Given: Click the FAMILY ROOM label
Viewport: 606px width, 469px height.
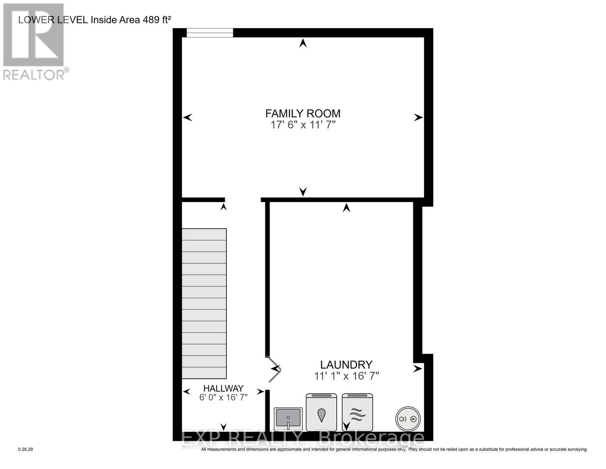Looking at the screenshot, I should click(303, 113).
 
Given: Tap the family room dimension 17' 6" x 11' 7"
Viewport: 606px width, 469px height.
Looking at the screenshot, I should click(303, 125).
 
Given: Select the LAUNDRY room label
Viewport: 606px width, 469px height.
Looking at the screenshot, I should click(346, 365).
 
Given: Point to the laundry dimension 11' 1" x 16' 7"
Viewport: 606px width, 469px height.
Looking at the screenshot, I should click(347, 376).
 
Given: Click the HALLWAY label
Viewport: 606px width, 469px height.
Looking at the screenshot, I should click(223, 388).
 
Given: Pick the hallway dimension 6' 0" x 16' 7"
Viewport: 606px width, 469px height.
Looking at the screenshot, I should click(223, 397).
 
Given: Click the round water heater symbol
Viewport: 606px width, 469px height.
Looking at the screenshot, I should click(408, 419).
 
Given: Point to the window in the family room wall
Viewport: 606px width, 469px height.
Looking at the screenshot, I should click(210, 33).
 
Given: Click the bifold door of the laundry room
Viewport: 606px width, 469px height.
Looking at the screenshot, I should click(275, 369).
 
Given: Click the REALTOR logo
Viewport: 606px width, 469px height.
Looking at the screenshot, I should click(34, 41).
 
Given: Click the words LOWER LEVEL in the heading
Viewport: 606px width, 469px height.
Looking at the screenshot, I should click(53, 20).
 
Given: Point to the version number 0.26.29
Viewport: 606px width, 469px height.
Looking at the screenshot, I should click(26, 449).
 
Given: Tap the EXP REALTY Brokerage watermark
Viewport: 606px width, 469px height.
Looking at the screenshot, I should click(303, 439).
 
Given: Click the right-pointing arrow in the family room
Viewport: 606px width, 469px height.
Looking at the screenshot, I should click(418, 117).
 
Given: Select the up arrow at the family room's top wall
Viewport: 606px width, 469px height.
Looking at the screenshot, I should click(303, 43).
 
